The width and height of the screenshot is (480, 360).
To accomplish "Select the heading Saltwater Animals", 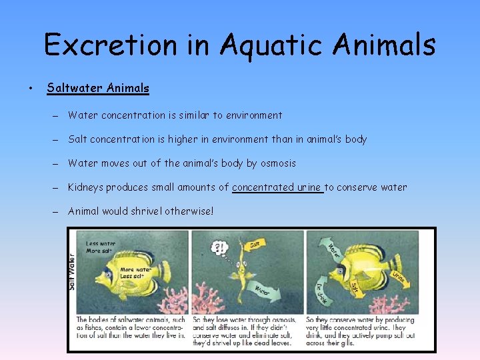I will (x=98, y=87).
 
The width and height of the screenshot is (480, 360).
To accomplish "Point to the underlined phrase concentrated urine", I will (x=277, y=187).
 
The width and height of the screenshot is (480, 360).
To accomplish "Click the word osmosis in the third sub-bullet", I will (x=276, y=163).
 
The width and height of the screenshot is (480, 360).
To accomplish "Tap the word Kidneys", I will (x=87, y=187).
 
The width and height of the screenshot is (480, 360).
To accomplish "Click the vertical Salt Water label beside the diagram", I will (x=72, y=270).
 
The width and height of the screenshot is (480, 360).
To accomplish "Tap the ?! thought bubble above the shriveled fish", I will (x=219, y=247).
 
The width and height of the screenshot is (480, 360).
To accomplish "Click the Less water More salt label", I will (x=100, y=247).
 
